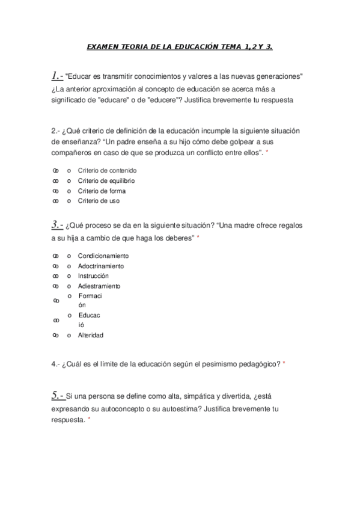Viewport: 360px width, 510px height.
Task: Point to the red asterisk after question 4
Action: click(284, 364)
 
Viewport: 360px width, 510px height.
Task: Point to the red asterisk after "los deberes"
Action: click(198, 239)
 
